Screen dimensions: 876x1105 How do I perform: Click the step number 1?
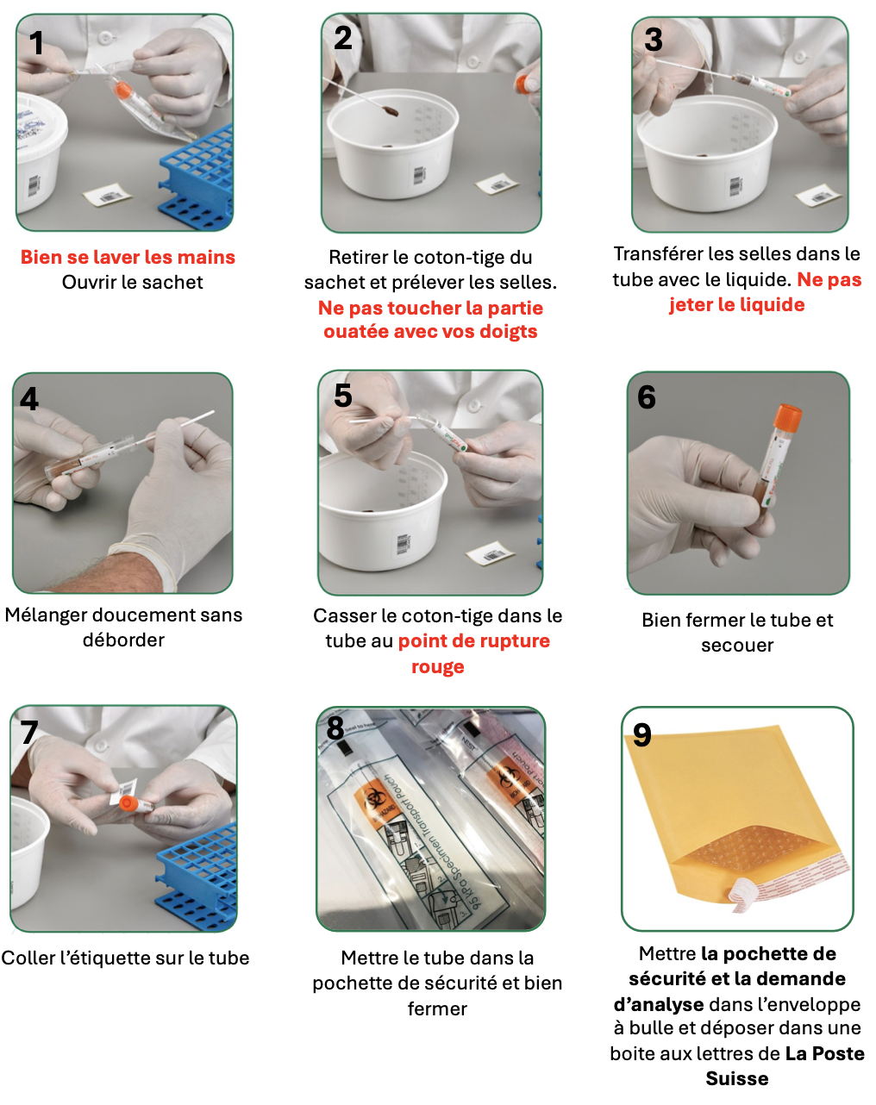click(36, 42)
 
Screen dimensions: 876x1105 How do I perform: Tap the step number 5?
click(342, 395)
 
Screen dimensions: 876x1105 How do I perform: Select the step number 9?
click(641, 734)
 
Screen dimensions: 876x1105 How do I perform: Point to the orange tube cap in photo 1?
click(122, 90)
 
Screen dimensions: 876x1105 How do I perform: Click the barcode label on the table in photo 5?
click(490, 553)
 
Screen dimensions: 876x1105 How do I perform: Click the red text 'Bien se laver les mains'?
click(128, 257)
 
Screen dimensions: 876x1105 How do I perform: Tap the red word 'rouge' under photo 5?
click(438, 667)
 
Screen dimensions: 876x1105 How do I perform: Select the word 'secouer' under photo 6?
click(737, 646)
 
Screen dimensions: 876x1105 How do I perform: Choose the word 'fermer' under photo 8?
click(437, 1009)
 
